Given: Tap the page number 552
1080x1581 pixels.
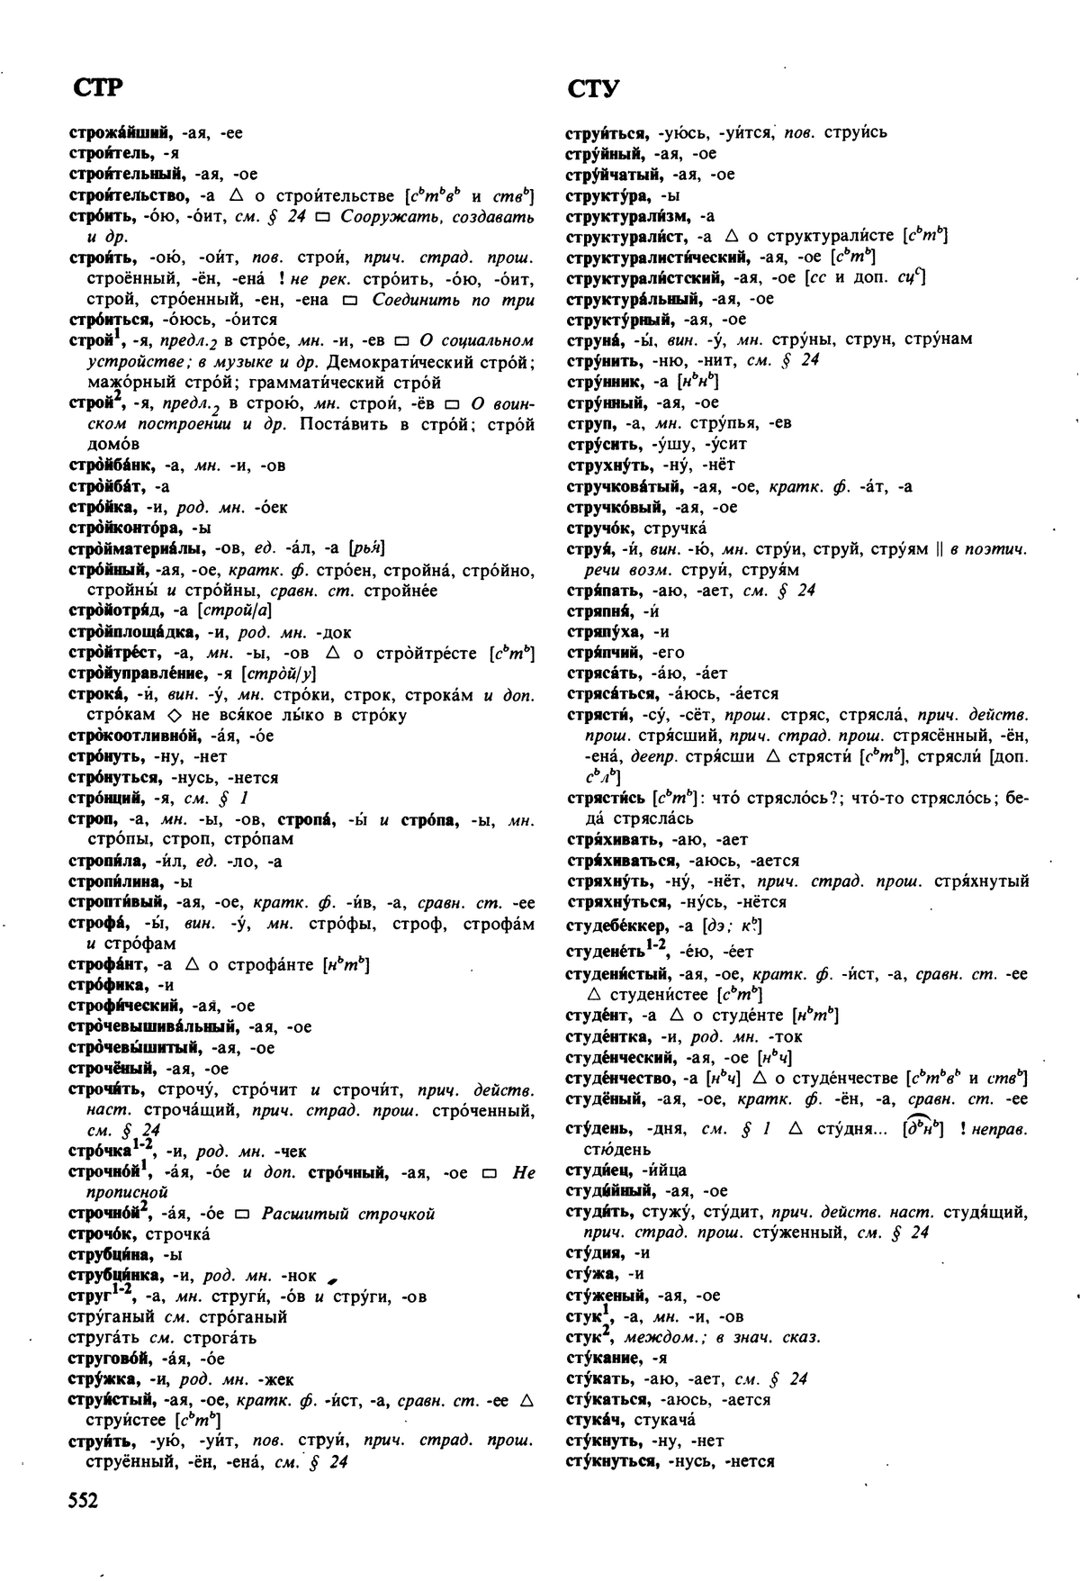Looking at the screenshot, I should coord(83,1499).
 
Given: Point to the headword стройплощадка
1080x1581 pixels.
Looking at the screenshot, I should coord(127,632).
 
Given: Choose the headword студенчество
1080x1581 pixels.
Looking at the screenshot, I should coord(620,1078).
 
